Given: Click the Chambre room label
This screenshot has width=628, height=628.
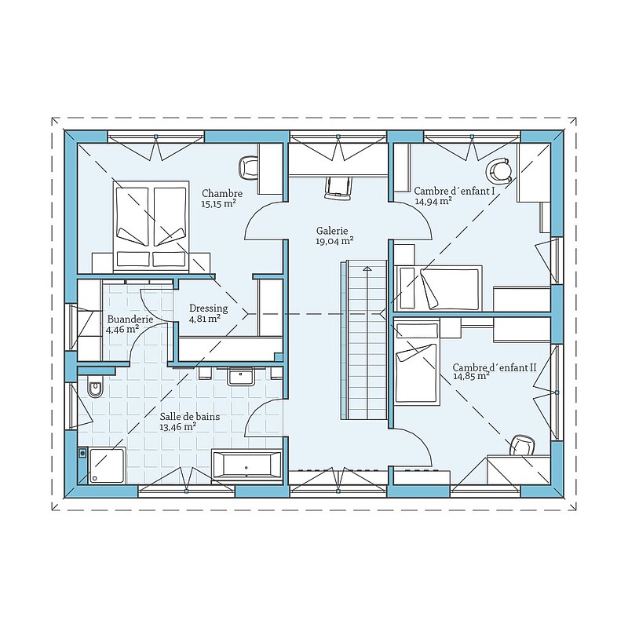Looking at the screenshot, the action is [222, 193].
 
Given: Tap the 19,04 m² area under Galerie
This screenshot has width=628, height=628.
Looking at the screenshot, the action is [334, 241].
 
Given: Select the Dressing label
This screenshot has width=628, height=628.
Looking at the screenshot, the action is [208, 309].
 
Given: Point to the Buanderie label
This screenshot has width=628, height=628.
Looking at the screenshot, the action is [130, 319].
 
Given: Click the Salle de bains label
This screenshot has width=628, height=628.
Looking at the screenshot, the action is [190, 417].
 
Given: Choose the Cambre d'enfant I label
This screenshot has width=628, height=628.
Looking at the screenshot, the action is [455, 191].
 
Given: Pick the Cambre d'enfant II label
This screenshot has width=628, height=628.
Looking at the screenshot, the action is [495, 367].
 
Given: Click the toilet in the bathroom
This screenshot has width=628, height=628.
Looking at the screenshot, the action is [94, 388].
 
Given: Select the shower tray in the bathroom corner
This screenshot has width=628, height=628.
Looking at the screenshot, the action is [107, 465].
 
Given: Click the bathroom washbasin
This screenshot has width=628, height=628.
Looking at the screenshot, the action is [241, 376].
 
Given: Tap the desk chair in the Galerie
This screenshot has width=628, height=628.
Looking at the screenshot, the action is [338, 188].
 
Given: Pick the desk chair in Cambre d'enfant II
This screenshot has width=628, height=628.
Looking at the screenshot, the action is [522, 446].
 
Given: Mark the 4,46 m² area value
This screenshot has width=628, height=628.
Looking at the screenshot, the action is [122, 330].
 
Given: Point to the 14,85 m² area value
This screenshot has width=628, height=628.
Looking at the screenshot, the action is [472, 377].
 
